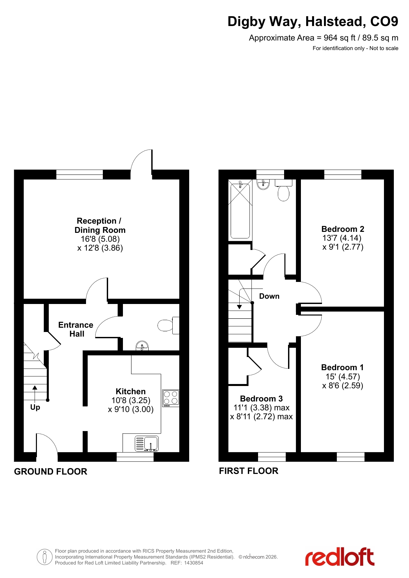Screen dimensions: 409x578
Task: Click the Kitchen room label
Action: pos(131,391)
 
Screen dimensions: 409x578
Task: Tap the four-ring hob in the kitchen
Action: pos(171,398)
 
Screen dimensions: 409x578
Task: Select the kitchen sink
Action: pos(147,443)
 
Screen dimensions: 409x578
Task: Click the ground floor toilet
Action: pos(168,325)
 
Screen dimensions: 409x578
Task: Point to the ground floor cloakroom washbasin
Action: pos(142,346)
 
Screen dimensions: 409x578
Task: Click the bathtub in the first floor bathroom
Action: pos(240,211)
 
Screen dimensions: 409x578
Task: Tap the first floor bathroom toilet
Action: pos(283,190)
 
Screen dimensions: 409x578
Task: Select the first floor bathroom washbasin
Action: pos(263,184)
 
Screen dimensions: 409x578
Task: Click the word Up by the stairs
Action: pos(35,407)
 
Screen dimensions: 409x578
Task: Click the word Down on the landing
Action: pos(269,296)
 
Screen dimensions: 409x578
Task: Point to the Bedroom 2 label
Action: pos(343,229)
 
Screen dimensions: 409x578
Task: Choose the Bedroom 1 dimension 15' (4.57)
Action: pos(343,376)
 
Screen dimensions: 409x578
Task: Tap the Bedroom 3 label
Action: pos(261,399)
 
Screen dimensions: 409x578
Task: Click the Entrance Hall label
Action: pos(76,329)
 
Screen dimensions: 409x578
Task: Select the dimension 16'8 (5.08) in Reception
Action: pos(100,239)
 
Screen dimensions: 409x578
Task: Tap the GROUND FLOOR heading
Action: pos(51,472)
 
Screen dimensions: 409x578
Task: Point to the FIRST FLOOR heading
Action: pos(249,471)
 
